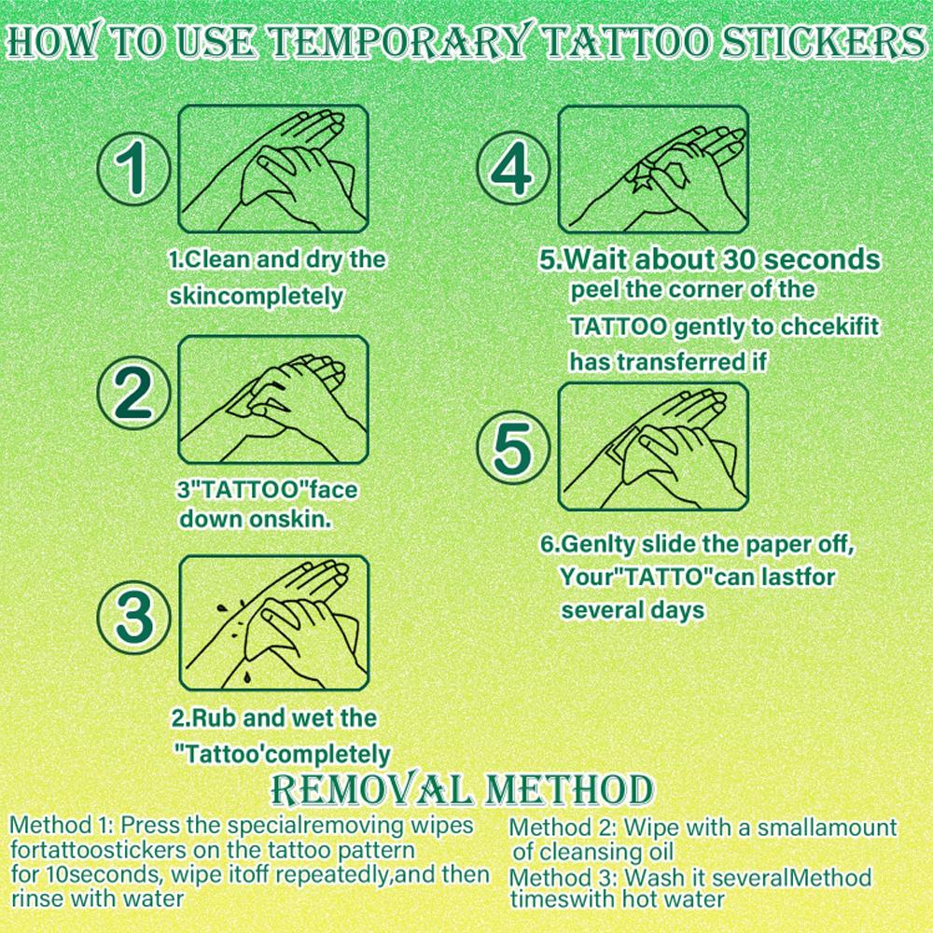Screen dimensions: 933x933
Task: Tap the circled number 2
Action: [x=133, y=396]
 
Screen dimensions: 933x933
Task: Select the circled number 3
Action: [x=133, y=617]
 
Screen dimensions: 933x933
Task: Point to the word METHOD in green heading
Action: [x=568, y=791]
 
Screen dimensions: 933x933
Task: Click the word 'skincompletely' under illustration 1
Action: [x=257, y=297]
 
